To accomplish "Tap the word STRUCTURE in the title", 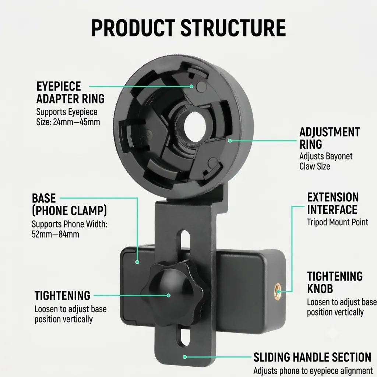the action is pos(233,28).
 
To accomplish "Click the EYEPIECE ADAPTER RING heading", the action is pos(70,92).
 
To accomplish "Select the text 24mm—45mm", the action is pos(77,122).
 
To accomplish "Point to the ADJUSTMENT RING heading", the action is pos(330,138).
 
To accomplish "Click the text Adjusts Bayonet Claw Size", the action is pos(326,161).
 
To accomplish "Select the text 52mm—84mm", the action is pos(55,234).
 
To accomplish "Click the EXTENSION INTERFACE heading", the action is pos(333,203).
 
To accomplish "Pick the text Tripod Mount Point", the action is pos(338,222).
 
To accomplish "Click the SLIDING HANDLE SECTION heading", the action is pos(312,357).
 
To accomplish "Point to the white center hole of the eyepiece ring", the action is pos(195,126).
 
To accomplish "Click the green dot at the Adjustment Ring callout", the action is pos(230,141).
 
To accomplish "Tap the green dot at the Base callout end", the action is pos(137,262).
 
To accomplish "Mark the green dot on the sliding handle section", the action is pos(185,357).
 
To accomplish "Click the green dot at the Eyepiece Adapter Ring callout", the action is pos(191,86).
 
